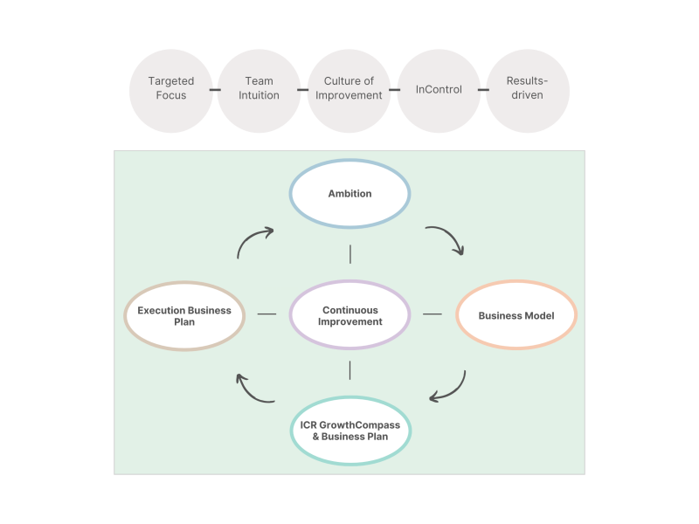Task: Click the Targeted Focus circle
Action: [171, 89]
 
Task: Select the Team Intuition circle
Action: [260, 89]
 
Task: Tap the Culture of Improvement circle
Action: [349, 89]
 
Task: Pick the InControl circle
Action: [439, 89]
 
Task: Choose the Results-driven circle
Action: [527, 89]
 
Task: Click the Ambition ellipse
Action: [349, 194]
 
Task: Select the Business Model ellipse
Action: [516, 315]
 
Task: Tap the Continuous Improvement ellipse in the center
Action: [349, 315]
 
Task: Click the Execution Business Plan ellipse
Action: [184, 315]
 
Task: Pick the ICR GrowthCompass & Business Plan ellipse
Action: [349, 431]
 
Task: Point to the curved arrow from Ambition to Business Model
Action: [447, 238]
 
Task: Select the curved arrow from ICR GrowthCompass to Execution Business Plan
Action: [253, 390]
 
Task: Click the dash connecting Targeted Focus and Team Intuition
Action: [215, 89]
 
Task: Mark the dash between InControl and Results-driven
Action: [482, 89]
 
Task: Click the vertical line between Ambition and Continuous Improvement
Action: [349, 254]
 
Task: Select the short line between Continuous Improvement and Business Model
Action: [433, 314]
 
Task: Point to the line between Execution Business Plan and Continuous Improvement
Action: [266, 314]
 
